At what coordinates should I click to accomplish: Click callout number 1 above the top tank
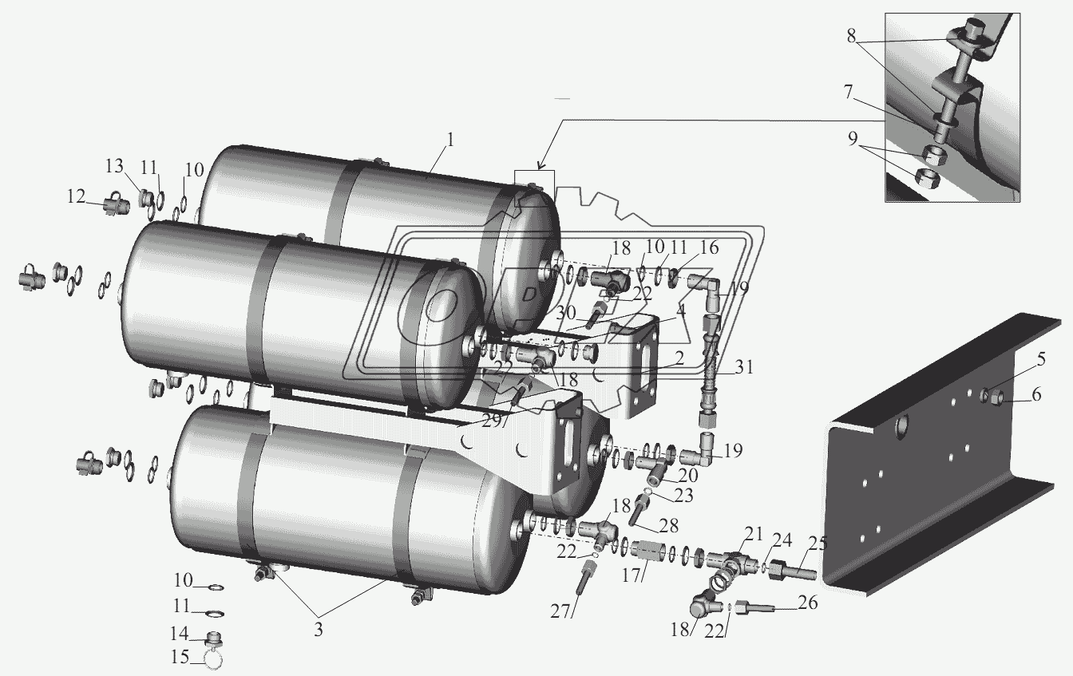[449, 140]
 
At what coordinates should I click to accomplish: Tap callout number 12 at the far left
[76, 196]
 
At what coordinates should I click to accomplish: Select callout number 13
[115, 166]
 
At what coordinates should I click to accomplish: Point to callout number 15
[180, 657]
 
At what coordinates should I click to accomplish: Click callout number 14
[179, 634]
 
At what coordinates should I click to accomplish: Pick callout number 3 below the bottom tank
[319, 630]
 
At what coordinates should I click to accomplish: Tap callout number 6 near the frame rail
[1036, 394]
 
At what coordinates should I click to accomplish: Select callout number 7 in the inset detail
[849, 93]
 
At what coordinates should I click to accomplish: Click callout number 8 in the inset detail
[851, 36]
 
